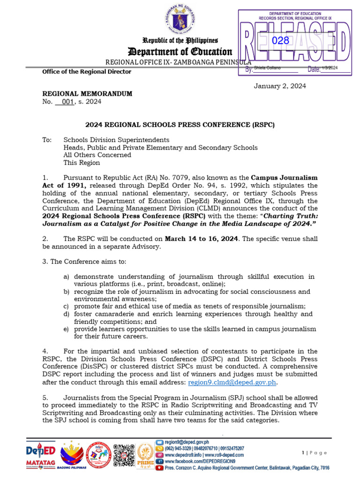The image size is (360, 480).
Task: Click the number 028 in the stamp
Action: click(x=281, y=41)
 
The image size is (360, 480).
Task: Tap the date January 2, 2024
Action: click(x=280, y=86)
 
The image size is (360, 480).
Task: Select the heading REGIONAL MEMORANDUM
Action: click(x=87, y=94)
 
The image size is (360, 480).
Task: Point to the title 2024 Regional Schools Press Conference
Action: click(x=180, y=125)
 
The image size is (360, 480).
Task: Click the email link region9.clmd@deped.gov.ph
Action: click(x=232, y=382)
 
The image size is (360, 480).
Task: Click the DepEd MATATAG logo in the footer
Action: click(x=40, y=455)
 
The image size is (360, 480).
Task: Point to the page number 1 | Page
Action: click(x=315, y=452)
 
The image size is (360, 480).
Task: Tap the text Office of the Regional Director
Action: click(x=87, y=72)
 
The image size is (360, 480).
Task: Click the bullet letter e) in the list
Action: click(x=66, y=329)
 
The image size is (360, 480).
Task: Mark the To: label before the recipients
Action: click(x=46, y=140)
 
